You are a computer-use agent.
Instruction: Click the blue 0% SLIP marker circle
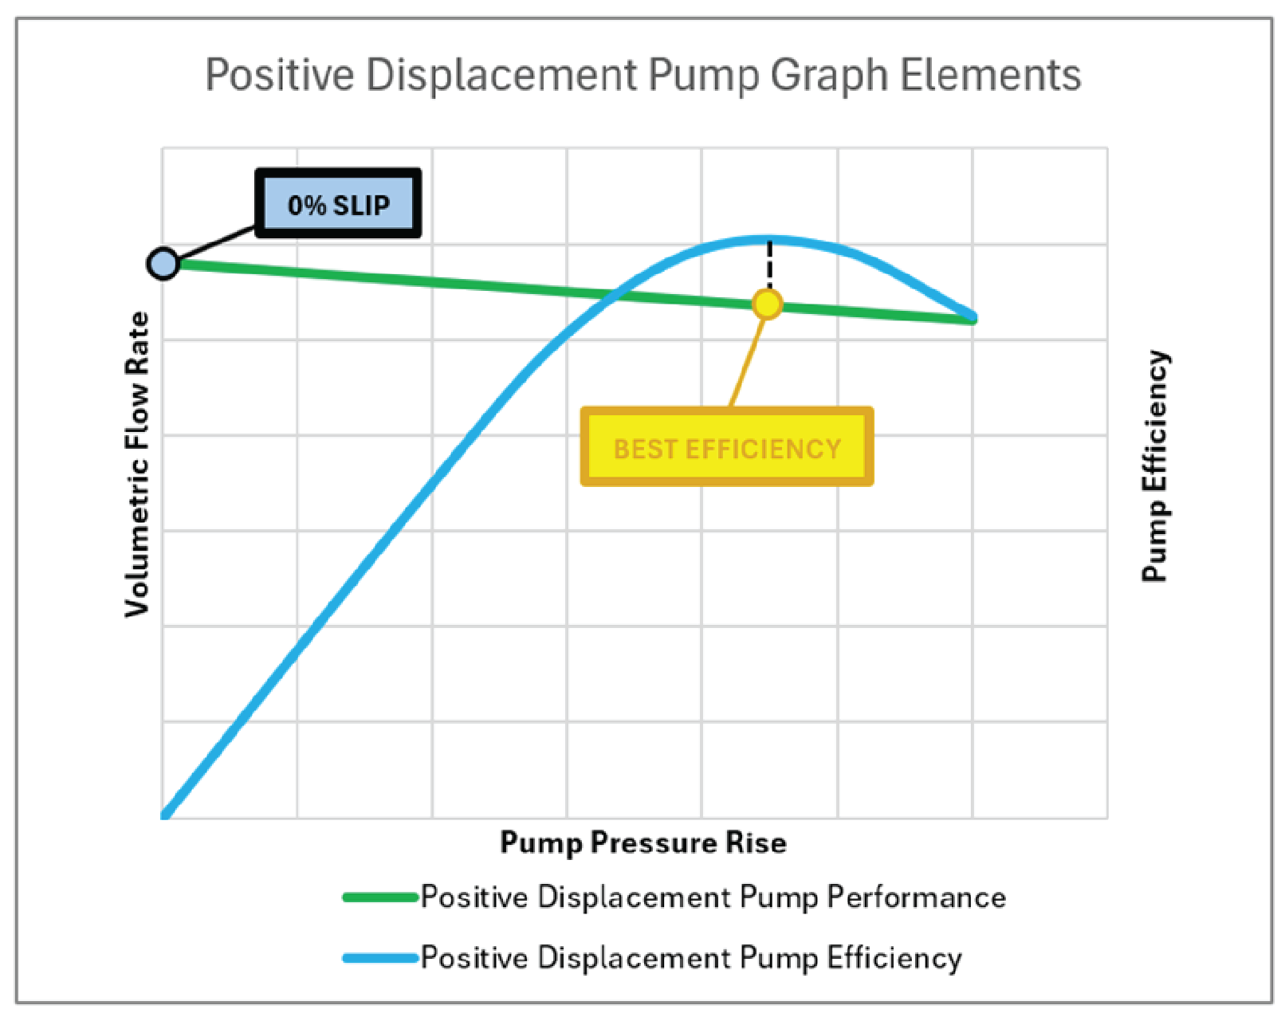(x=163, y=263)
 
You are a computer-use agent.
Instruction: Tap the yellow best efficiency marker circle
(x=768, y=304)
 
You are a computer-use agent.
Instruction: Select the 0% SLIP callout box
(x=338, y=203)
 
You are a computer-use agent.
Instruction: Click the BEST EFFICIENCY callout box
(x=726, y=447)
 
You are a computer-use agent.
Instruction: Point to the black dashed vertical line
(x=769, y=263)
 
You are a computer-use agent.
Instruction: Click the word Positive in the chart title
(x=279, y=76)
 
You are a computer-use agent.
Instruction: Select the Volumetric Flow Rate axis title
(x=137, y=464)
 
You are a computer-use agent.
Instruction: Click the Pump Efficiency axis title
(x=1155, y=466)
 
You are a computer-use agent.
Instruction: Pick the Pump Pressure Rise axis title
(x=642, y=842)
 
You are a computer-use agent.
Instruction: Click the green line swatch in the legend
(x=380, y=897)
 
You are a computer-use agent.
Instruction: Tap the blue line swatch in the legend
(x=380, y=958)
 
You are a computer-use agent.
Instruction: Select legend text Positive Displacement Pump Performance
(x=713, y=897)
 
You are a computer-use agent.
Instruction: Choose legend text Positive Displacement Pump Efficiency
(x=690, y=958)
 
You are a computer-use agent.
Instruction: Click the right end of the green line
(x=971, y=319)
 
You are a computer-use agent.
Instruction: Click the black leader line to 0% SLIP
(x=217, y=245)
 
